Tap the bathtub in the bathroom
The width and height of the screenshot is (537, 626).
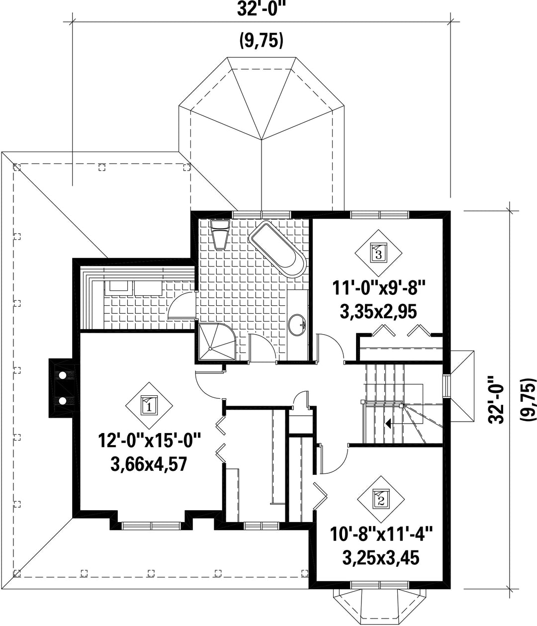point(277,249)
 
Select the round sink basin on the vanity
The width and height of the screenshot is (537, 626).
point(297,324)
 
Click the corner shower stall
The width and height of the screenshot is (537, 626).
point(217,342)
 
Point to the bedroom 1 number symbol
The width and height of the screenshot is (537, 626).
point(149,406)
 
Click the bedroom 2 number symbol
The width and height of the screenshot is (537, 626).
point(381,499)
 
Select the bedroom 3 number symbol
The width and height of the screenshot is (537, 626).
point(378,253)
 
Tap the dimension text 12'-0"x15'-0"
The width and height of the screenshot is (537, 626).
point(149,441)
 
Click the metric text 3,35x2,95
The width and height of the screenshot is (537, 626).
point(378,312)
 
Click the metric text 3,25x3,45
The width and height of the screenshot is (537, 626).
point(381,557)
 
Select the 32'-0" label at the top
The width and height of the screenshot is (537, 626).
point(262,9)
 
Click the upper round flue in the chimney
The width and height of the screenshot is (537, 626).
point(62,375)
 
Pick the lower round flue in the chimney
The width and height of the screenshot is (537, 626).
point(62,401)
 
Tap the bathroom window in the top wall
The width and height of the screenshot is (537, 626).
point(262,215)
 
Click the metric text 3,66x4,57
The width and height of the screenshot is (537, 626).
point(149,464)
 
